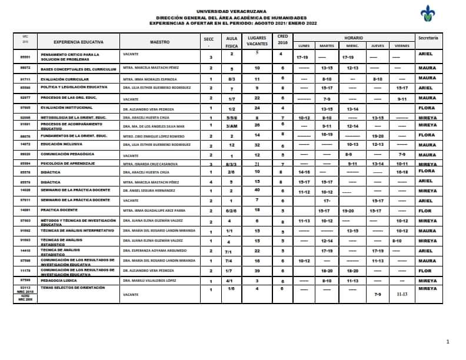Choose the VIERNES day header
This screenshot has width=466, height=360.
tap(402, 45)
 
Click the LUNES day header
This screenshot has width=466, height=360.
tap(304, 45)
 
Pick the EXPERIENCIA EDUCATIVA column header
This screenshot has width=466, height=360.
tap(78, 42)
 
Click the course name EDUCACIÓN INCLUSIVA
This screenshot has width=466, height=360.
tap(62, 144)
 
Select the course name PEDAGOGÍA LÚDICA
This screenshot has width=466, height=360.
tap(59, 281)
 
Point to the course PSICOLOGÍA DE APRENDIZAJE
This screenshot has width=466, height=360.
tap(66, 164)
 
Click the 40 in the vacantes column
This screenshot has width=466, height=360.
tap(257, 190)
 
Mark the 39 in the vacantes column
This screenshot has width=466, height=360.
tap(257, 270)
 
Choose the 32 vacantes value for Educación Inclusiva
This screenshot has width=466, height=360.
tap(257, 144)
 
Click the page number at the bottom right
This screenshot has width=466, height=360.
tap(447, 342)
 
